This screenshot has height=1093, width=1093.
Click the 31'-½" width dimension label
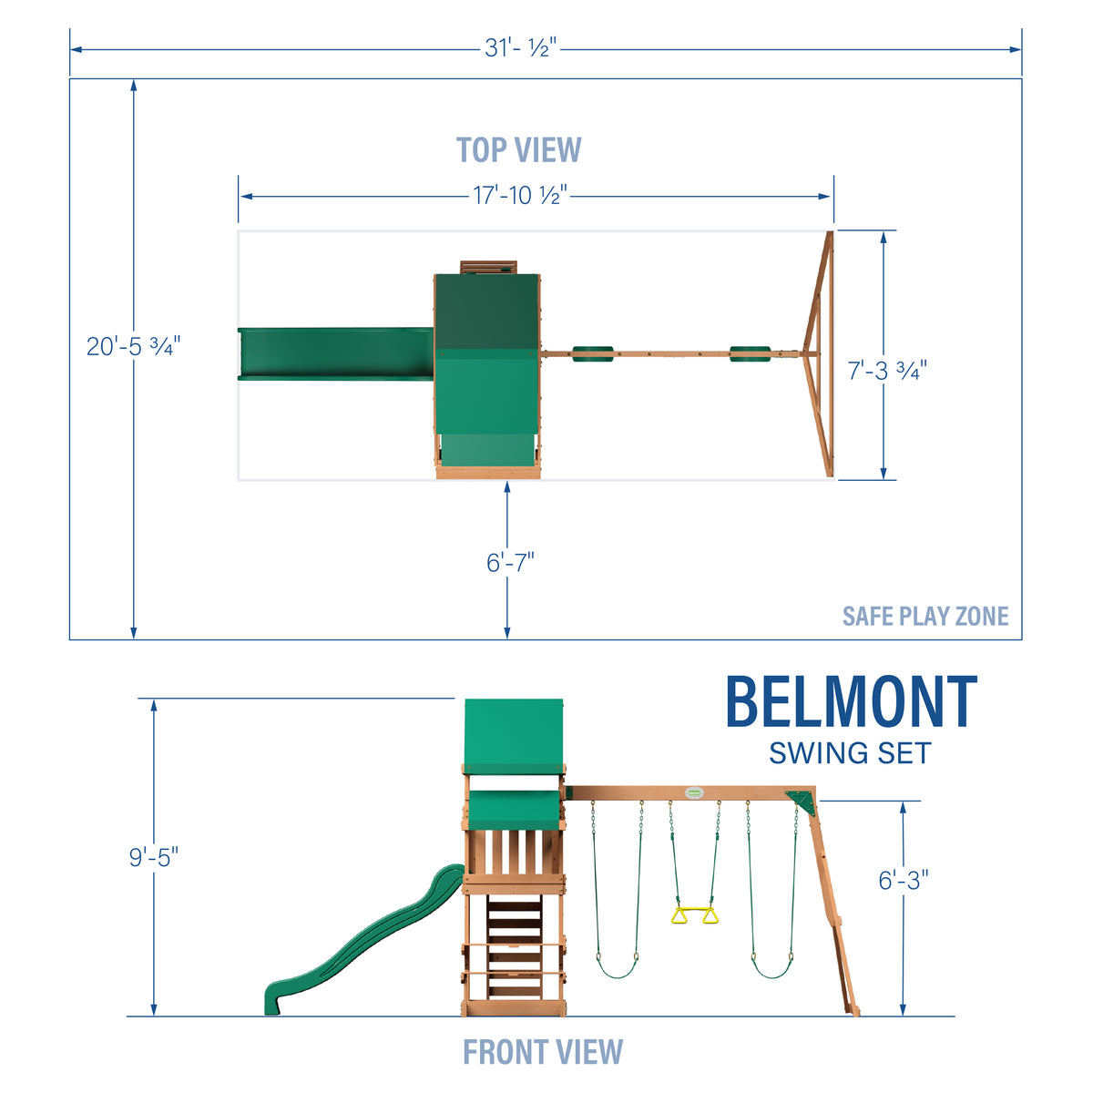520,48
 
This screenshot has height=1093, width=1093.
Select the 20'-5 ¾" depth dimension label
134,346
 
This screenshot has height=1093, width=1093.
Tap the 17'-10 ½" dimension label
520,195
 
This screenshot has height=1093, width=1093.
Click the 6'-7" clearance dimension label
509,562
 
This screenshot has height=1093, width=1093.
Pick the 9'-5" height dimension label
153,857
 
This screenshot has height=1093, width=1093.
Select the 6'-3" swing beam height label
903,880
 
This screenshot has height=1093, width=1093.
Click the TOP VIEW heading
518,150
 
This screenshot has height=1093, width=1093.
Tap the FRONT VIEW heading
543,1052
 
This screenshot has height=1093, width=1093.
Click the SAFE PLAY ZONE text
924,617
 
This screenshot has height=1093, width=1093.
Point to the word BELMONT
851,702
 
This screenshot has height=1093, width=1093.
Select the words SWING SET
850,754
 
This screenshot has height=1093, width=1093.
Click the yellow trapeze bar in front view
695,914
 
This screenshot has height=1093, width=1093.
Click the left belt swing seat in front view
617,970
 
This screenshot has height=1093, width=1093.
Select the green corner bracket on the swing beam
801,800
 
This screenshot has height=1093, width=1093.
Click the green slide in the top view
335,354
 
